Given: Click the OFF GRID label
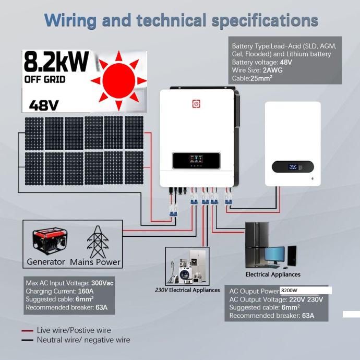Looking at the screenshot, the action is click(45, 80).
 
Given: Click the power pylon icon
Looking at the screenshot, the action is click(97, 241).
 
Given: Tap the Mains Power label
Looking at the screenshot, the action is click(95, 262).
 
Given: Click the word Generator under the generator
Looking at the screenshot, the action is click(46, 262).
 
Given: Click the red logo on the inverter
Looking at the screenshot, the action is click(196, 104).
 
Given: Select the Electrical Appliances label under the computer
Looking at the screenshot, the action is click(273, 274).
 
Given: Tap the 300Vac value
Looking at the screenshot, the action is click(102, 283).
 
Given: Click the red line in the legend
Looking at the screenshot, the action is click(28, 331).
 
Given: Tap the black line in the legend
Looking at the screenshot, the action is click(28, 340).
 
